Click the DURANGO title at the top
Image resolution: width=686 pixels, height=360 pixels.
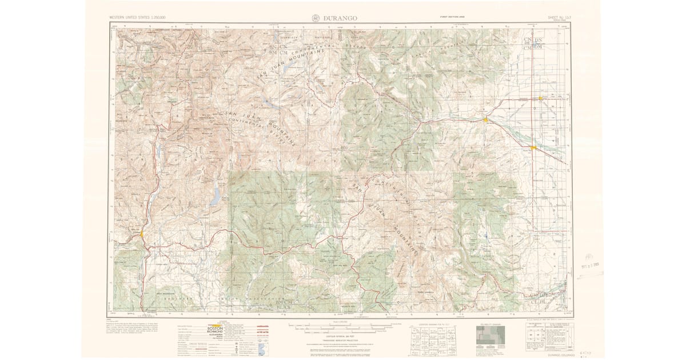click(x=340, y=18)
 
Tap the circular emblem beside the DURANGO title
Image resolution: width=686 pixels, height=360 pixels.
click(x=317, y=18)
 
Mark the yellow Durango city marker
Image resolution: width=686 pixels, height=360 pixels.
click(x=141, y=234)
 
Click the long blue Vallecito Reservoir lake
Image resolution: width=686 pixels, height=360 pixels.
click(x=216, y=197)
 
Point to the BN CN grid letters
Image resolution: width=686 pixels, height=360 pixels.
click(x=277, y=47)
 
